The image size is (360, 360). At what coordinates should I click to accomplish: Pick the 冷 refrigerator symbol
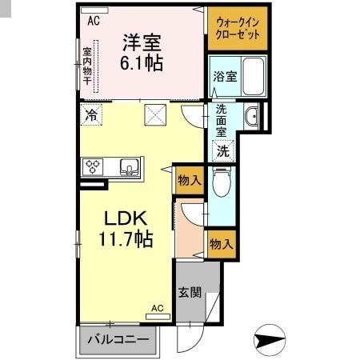click(x=92, y=114)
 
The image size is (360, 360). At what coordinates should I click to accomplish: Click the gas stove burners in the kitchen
click(x=93, y=166)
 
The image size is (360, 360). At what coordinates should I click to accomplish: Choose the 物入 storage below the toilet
click(x=221, y=243)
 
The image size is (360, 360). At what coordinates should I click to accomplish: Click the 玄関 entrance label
click(x=189, y=292)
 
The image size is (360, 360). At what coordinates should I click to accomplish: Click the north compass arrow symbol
click(x=273, y=340)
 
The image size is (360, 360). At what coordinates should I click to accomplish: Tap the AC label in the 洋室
click(x=94, y=22)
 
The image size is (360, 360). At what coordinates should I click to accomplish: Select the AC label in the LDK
click(x=158, y=308)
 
